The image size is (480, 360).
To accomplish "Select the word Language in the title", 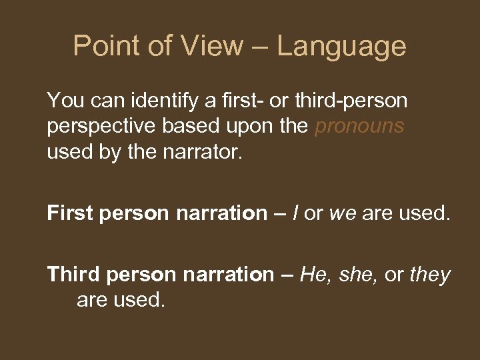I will [341, 46].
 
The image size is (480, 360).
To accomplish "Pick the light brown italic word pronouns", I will [359, 127].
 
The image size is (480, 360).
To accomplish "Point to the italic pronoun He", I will [313, 274].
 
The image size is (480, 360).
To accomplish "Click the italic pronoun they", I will [431, 274].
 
